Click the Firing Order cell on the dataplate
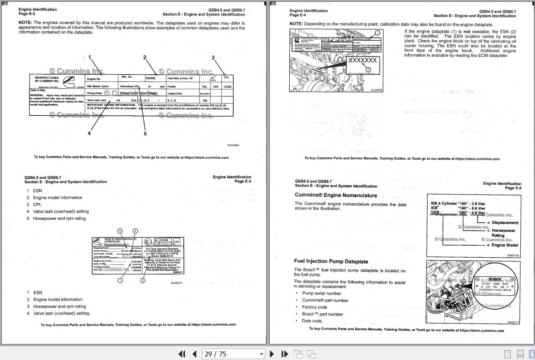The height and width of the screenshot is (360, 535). [x=95, y=93]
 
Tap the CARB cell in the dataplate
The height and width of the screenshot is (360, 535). [x=227, y=87]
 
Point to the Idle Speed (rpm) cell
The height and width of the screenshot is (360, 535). [x=97, y=86]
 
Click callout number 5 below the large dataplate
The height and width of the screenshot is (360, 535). [x=145, y=133]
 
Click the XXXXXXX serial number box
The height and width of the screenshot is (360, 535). [x=363, y=61]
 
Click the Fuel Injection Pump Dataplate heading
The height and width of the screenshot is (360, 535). [x=331, y=261]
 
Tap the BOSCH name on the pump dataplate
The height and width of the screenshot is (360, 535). [x=494, y=279]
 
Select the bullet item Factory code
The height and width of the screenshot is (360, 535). [x=314, y=307]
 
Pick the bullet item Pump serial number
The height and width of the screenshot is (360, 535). [x=321, y=293]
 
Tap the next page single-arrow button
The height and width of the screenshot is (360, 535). [x=272, y=354]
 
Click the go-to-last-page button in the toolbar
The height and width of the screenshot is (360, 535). [x=284, y=354]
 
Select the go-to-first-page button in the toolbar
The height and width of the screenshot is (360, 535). [x=182, y=354]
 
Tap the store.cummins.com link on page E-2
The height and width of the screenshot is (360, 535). [x=207, y=157]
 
